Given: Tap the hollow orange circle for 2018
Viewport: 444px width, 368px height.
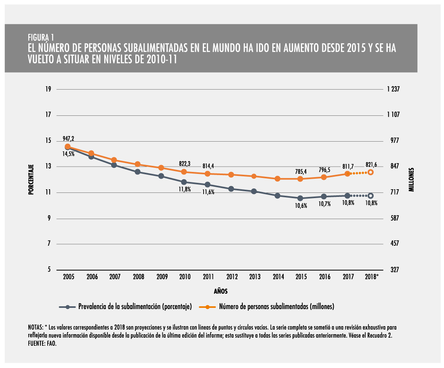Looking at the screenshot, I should coord(370,172).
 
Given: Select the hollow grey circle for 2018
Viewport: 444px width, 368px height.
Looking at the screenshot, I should coord(370,196).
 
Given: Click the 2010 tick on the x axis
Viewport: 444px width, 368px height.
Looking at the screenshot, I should coord(185,277).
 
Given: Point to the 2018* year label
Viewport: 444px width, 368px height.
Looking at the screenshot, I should coord(372,277).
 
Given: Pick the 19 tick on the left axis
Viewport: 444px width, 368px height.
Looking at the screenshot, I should coord(48,89).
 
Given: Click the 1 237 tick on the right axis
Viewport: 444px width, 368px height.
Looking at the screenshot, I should coord(393,89).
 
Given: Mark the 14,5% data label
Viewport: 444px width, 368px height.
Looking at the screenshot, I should coord(68,154).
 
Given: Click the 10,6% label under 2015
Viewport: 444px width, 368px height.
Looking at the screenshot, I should coord(301,205).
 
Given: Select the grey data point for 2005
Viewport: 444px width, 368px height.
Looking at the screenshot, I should coord(68,148).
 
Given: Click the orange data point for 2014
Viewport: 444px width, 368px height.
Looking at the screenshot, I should coord(277,179).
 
